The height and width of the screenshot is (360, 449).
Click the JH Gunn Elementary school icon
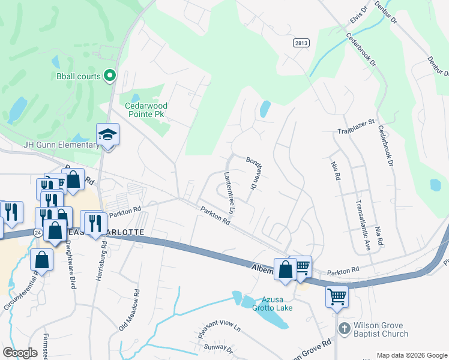coord(108,134)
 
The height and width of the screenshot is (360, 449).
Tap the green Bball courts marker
coord(110,76)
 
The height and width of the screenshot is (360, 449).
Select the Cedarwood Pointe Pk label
coord(146,110)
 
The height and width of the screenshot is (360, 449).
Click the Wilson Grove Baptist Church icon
coord(344,328)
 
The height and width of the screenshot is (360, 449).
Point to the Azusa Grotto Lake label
coord(276,304)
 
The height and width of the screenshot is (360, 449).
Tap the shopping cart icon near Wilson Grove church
coord(337,295)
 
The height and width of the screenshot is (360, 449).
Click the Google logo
coord(20,353)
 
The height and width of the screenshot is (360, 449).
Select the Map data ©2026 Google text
coord(412,355)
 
